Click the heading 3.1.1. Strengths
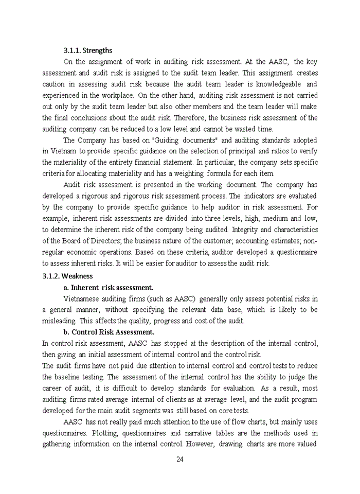87,50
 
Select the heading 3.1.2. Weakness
67,276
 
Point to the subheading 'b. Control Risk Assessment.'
109,332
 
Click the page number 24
179,460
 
